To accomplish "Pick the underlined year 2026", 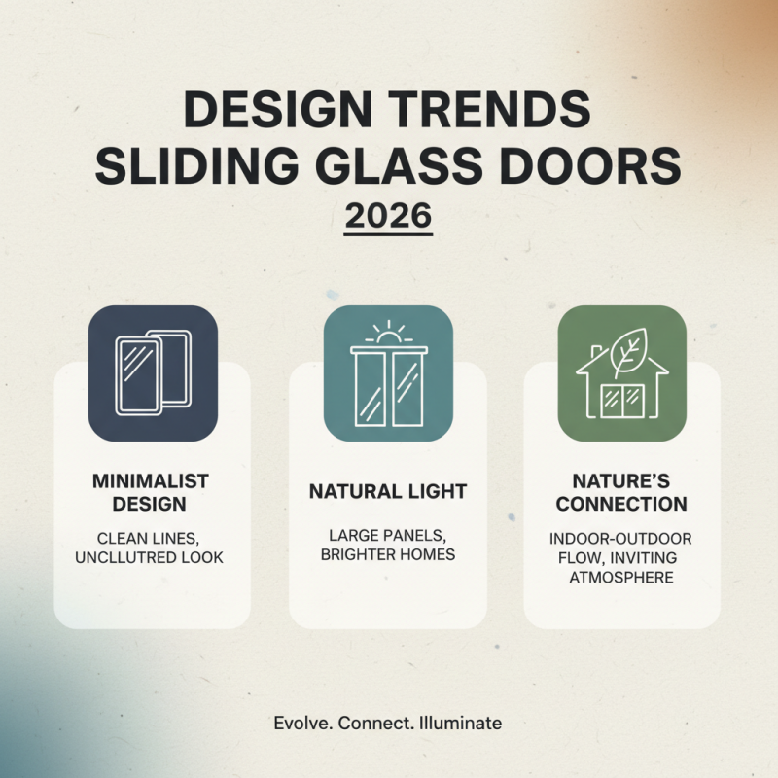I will point(388,216).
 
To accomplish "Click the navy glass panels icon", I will point(153,373).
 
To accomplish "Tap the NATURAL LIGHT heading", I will point(388,492).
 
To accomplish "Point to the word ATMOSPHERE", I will point(622,578).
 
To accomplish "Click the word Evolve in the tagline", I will point(301,723).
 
